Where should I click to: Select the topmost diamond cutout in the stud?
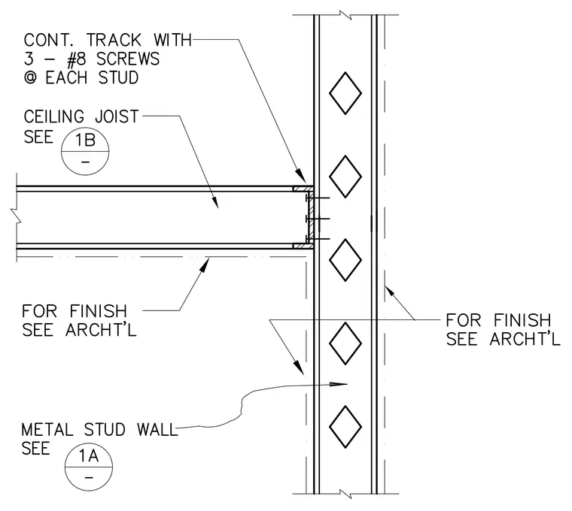[345, 93]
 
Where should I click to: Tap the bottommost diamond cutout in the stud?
[345, 427]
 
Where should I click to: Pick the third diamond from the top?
[345, 260]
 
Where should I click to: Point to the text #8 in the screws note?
[78, 59]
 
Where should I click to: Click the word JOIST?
[117, 116]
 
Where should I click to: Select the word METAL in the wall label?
[47, 430]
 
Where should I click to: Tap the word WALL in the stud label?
[157, 430]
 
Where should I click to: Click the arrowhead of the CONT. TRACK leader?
[301, 175]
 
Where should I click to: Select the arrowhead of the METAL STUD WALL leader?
[338, 384]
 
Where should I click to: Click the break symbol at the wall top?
[345, 15]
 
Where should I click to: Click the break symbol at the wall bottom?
[345, 494]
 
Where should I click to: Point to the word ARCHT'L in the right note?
[525, 339]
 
